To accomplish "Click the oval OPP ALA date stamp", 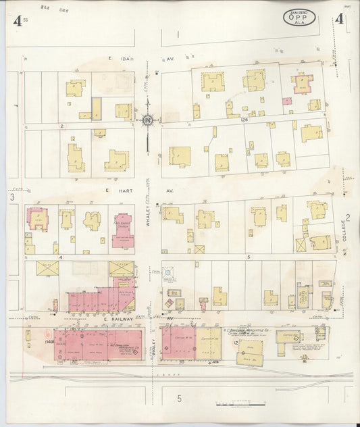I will click(x=298, y=16).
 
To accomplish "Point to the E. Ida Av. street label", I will click(x=120, y=59).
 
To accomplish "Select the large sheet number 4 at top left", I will click(x=16, y=20).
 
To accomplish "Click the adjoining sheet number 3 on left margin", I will click(x=12, y=197).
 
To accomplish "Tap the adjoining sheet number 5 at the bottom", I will click(x=180, y=398).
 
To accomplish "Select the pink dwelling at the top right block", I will click(x=299, y=84).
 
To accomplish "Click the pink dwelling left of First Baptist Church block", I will click(x=37, y=219).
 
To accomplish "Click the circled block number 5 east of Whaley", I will click(x=249, y=257).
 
